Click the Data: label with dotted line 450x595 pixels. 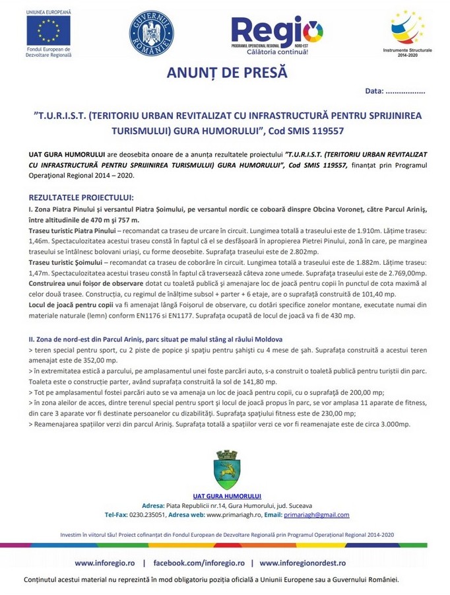click(395, 91)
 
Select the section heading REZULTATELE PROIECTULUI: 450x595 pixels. click(81, 197)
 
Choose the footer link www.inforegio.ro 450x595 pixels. click(105, 563)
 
